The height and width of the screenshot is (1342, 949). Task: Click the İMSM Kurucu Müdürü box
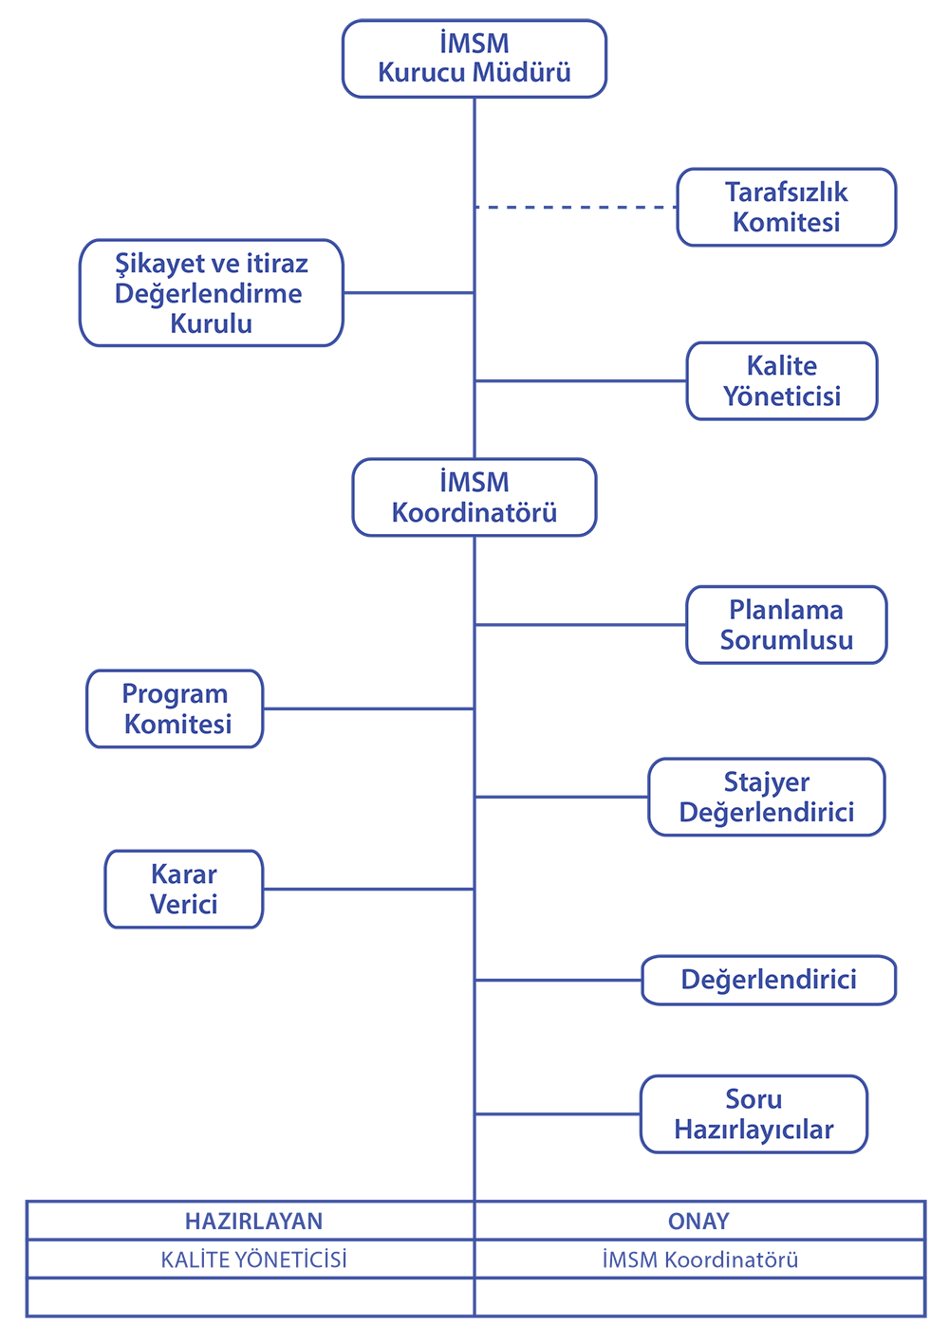click(x=474, y=59)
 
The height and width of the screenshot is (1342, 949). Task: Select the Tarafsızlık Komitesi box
click(x=786, y=207)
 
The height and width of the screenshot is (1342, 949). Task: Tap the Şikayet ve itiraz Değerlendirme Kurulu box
click(x=211, y=293)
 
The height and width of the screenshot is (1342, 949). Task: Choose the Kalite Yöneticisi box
click(x=781, y=380)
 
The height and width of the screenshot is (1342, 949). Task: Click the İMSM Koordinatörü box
click(x=474, y=497)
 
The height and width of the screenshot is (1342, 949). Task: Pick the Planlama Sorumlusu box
click(x=786, y=624)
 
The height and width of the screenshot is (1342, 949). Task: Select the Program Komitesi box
click(x=175, y=708)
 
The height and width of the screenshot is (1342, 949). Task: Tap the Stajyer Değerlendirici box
click(x=766, y=797)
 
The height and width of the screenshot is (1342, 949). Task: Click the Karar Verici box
click(x=183, y=889)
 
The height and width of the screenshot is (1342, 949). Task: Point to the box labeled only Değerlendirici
click(x=769, y=980)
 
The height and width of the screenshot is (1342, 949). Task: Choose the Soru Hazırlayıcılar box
click(x=754, y=1113)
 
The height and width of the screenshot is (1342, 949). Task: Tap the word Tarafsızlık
click(x=786, y=193)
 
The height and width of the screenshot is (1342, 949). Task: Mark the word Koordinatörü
click(x=474, y=513)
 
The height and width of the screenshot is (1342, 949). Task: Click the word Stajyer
click(x=766, y=782)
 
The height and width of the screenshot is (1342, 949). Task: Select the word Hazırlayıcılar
click(x=754, y=1130)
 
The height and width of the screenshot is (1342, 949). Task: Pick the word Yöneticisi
click(x=781, y=396)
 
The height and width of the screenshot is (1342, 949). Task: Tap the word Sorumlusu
click(x=786, y=640)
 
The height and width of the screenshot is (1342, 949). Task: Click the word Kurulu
click(x=211, y=324)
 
